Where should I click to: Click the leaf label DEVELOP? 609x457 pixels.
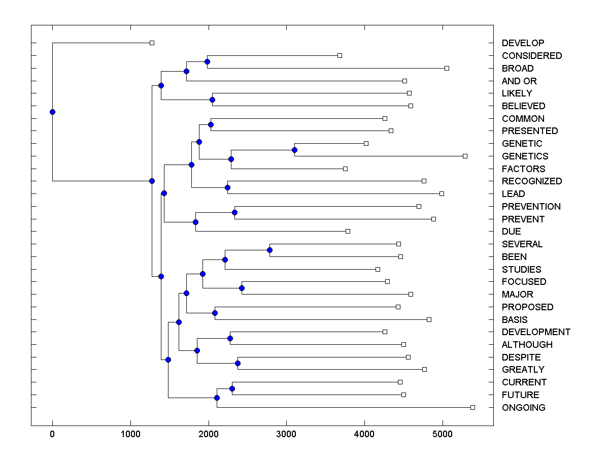coord(523,43)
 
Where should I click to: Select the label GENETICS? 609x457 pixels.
coord(525,156)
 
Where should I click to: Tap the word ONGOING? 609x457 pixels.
coord(523,408)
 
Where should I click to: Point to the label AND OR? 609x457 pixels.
coord(519,81)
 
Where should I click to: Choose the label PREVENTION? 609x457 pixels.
coord(531,207)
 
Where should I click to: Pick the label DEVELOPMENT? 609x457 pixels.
coord(536,332)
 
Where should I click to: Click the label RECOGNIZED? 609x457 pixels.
coord(532,181)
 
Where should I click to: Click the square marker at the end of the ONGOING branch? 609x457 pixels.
coord(472,407)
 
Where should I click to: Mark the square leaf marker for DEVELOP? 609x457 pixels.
coord(152,43)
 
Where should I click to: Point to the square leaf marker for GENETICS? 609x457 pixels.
coord(465,156)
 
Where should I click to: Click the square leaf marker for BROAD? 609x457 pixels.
coord(447,68)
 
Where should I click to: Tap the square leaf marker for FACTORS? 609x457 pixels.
coord(345,169)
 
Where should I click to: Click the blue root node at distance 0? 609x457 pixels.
coord(52,112)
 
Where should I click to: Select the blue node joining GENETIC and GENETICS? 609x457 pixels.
coord(294,150)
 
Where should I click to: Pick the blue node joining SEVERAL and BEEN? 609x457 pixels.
coord(269,250)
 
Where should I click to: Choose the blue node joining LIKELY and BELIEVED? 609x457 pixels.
coord(212,100)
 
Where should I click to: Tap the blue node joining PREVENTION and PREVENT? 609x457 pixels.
coord(234,212)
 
